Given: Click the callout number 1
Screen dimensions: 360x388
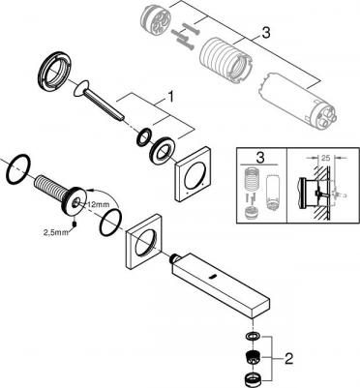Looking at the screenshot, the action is pos(170,97).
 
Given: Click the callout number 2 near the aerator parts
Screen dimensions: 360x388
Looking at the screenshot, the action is pos(288,358).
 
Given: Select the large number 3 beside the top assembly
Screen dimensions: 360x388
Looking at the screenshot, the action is pos(265,33).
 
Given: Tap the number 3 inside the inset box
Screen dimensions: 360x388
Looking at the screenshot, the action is pos(260,158).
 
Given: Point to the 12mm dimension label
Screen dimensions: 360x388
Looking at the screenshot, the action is pos(100,204).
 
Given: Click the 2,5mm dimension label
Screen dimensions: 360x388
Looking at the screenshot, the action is pos(56,232).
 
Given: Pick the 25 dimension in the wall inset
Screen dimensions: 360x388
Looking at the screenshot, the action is pos(325,158).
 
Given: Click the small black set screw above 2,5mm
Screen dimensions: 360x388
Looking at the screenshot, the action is pos(75,224).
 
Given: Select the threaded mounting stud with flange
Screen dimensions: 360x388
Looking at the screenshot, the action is pos(60,194).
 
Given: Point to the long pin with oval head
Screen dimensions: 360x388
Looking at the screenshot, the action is pos(99,101).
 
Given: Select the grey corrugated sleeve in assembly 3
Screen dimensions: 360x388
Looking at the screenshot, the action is pos(225,59).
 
